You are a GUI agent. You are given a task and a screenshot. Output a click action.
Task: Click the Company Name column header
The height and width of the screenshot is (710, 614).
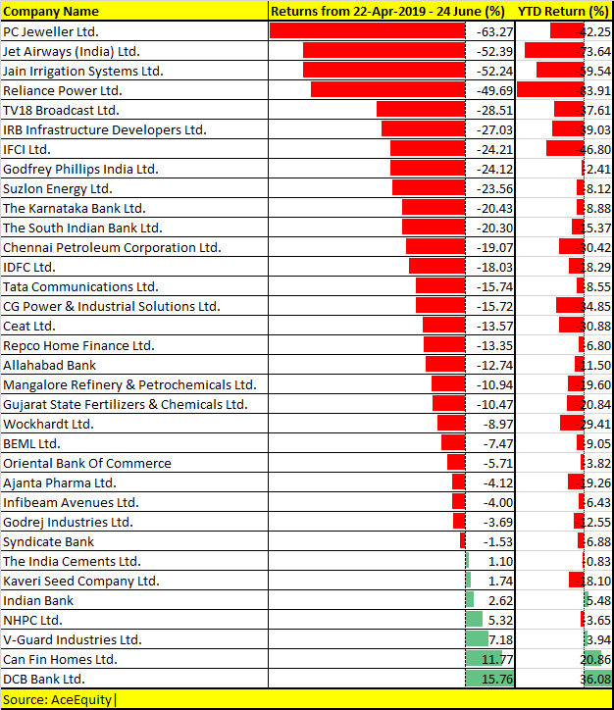tap(51, 12)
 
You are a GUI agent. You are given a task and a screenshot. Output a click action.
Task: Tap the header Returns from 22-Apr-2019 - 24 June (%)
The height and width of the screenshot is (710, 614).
tap(387, 12)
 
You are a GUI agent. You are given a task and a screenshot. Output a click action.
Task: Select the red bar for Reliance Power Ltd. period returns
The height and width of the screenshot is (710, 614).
tap(387, 90)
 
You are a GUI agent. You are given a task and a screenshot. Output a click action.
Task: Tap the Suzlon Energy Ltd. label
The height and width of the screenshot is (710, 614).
tap(58, 188)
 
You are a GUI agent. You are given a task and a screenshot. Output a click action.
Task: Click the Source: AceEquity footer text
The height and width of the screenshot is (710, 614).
tap(59, 699)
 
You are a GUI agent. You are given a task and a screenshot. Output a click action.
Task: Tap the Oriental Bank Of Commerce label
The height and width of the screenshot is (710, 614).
tap(87, 463)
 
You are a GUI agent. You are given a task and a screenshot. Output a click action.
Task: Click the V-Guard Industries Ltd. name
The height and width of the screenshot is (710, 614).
tap(73, 639)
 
